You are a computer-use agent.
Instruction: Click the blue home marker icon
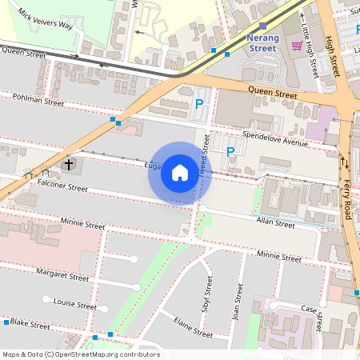pyautogui.click(x=180, y=173)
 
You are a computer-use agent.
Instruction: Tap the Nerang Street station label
pyautogui.click(x=262, y=42)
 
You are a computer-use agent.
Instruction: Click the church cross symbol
pyautogui.click(x=69, y=165)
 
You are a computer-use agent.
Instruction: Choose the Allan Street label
pyautogui.click(x=274, y=223)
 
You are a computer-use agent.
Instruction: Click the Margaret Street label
pyautogui.click(x=63, y=276)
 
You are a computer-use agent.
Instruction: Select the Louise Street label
pyautogui.click(x=74, y=305)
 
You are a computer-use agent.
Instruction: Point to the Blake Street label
pyautogui.click(x=30, y=323)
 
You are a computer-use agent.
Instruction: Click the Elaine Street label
pyautogui.click(x=194, y=327)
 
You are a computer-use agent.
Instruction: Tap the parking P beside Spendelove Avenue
pyautogui.click(x=230, y=151)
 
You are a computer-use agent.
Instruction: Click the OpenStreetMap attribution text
pyautogui.click(x=81, y=354)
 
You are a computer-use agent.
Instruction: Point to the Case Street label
pyautogui.click(x=310, y=318)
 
